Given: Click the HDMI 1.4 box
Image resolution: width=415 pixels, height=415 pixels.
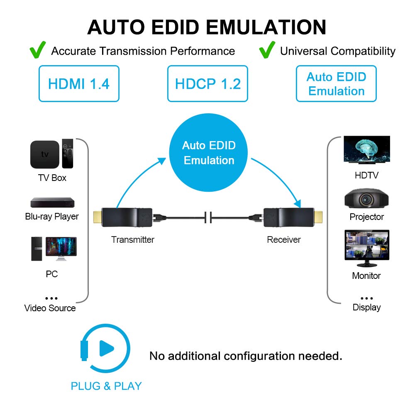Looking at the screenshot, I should pos(79,83).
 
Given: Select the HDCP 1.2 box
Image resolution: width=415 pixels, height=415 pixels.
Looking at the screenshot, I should pos(207,83).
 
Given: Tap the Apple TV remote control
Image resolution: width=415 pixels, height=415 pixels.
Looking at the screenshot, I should pos(68,154).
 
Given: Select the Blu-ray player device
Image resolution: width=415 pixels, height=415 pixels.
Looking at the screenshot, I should pos(52,203).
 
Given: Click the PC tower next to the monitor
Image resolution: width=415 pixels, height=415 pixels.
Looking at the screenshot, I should pos(37,249).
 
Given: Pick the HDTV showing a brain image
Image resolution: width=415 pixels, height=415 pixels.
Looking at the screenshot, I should pos(366,149).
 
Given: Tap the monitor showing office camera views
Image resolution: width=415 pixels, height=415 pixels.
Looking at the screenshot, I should pos(367,247).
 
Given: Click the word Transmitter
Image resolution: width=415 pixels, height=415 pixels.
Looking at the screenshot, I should pos(132,239).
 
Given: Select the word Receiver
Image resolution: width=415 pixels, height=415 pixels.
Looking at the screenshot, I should pos(284,239).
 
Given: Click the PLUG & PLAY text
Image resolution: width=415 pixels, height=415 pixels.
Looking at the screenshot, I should pos(106,386).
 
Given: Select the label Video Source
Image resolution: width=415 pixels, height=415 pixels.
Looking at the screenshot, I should pos(50,308).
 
